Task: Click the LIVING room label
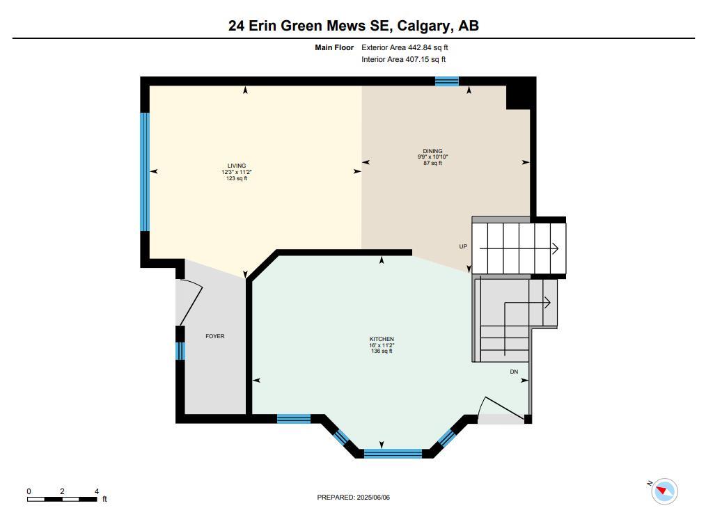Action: tap(237, 166)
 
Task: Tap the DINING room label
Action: tap(432, 151)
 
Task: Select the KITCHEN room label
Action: tap(382, 339)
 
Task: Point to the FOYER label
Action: tap(214, 336)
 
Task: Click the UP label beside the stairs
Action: tap(463, 246)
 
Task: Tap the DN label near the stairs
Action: tap(514, 372)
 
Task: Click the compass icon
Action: tap(664, 491)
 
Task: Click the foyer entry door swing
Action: tap(191, 301)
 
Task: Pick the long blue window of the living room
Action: tap(145, 172)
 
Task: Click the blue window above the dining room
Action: tap(447, 81)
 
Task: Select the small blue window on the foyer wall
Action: tap(180, 351)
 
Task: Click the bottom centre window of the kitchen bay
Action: tap(393, 454)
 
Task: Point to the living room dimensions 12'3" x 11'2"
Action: tap(237, 172)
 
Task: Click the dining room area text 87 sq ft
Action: tap(432, 163)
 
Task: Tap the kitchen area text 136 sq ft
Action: tap(382, 351)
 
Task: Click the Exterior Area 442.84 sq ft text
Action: tap(405, 47)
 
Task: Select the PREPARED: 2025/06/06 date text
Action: tap(354, 497)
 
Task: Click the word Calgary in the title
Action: tap(425, 26)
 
